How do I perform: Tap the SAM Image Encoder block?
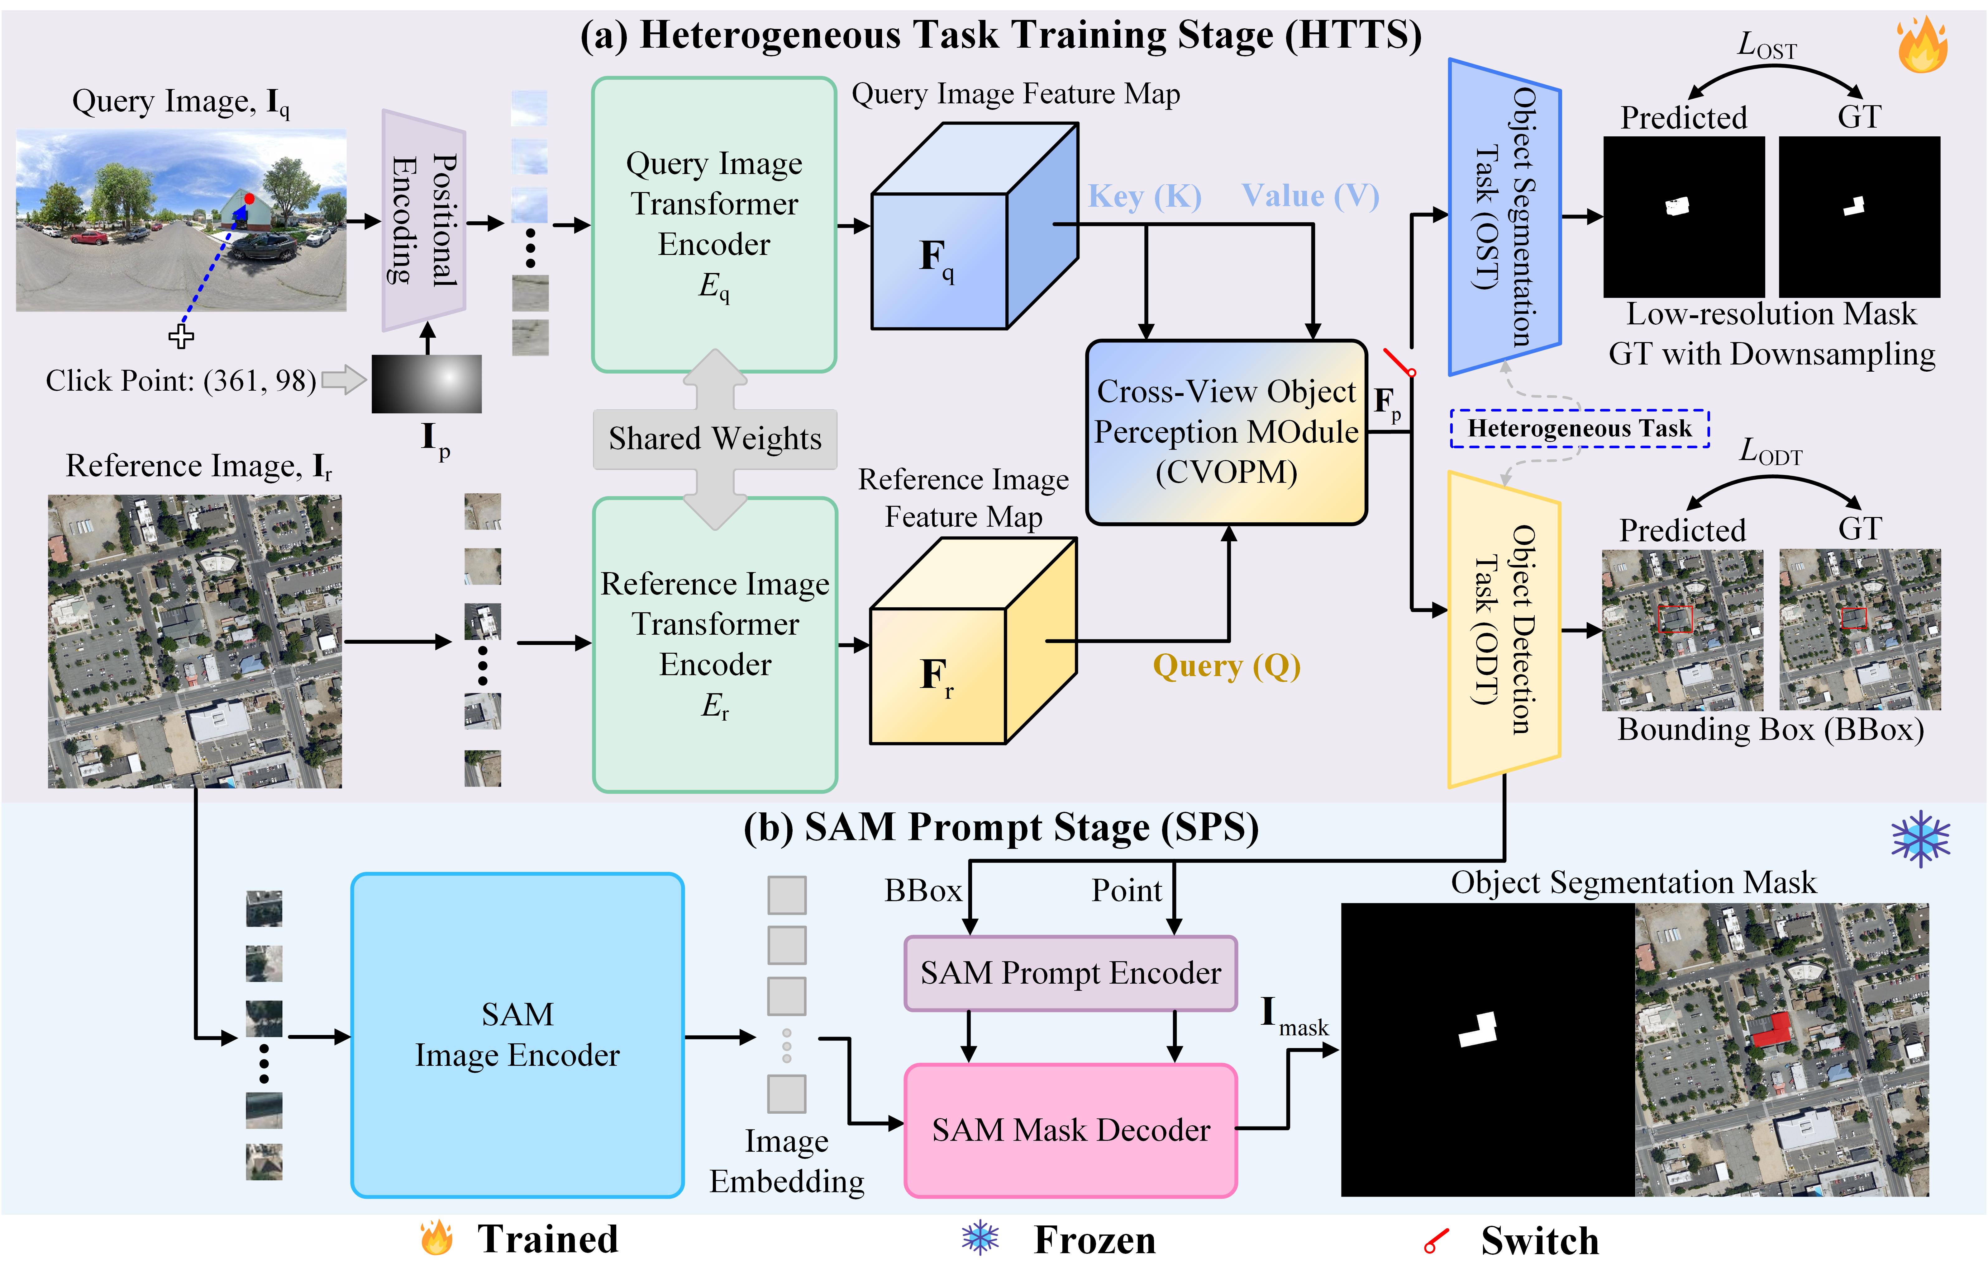pos(517,1035)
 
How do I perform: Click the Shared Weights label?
pos(715,439)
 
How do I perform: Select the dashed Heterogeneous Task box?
pos(1579,429)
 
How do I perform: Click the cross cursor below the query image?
pos(181,336)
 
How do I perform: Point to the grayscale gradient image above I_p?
pos(426,383)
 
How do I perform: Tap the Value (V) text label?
pos(1310,196)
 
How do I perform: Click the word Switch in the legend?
pos(1539,1241)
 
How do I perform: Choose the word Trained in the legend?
pos(547,1239)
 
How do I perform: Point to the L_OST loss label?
pos(1766,46)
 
